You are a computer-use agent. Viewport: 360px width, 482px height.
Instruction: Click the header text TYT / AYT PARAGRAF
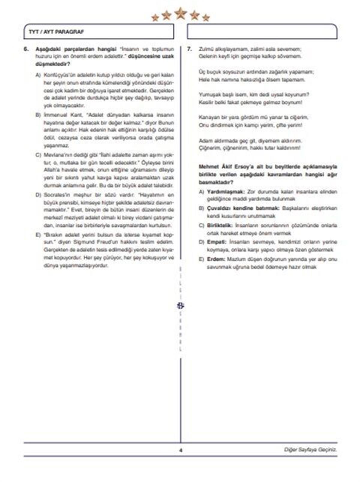[56, 32]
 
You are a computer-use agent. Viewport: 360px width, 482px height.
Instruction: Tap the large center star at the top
[181, 13]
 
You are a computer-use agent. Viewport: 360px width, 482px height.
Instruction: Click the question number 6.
[26, 49]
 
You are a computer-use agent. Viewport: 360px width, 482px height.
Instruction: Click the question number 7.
[189, 49]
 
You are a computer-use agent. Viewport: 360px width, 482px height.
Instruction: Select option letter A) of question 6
[38, 75]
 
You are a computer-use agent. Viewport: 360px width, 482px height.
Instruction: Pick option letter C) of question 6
[38, 155]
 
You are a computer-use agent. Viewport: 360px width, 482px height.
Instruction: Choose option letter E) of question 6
[38, 235]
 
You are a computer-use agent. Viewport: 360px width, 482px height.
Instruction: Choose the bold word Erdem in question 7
[216, 259]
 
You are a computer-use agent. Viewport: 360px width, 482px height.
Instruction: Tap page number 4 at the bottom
[181, 450]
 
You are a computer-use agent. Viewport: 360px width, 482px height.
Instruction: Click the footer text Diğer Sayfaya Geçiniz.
[310, 450]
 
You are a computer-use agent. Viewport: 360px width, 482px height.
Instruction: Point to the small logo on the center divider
[180, 306]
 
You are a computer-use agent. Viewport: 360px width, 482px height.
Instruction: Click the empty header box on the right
[262, 32]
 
